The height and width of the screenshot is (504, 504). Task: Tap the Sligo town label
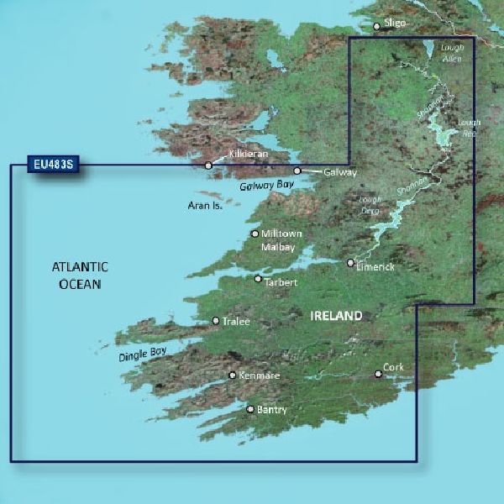click(x=394, y=25)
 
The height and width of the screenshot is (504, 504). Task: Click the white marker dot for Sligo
click(x=376, y=27)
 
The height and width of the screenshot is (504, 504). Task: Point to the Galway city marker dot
click(x=297, y=171)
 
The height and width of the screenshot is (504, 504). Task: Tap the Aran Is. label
click(x=204, y=204)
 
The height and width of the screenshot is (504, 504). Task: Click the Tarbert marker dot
click(x=258, y=279)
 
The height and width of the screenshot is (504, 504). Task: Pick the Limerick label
click(x=375, y=266)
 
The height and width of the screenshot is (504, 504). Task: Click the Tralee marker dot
click(x=216, y=320)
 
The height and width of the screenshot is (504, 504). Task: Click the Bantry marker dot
click(x=249, y=409)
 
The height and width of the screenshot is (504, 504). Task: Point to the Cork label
click(x=394, y=368)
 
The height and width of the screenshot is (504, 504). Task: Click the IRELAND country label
click(x=336, y=316)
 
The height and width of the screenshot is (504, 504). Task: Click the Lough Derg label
click(x=370, y=204)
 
